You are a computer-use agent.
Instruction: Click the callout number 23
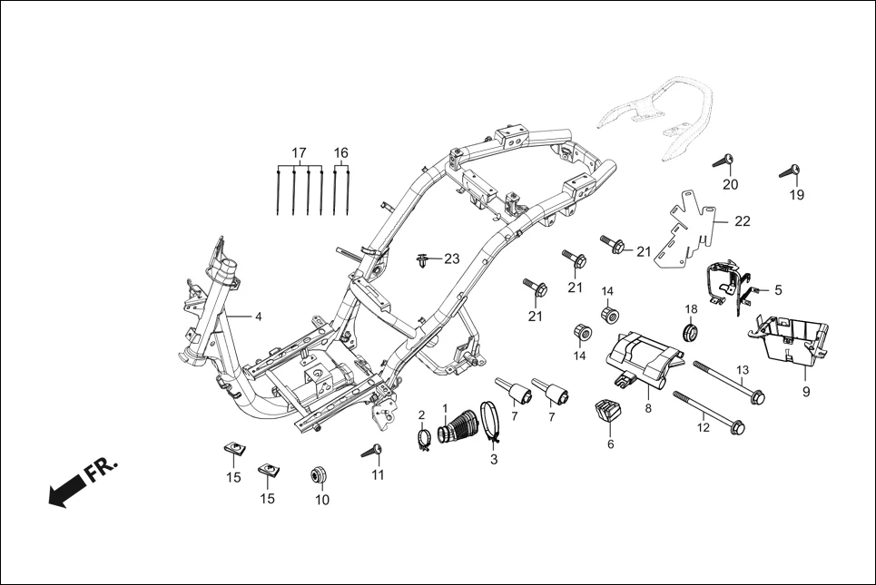click(x=451, y=259)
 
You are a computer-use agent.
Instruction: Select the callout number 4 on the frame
click(x=258, y=317)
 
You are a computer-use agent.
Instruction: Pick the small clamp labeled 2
click(x=423, y=441)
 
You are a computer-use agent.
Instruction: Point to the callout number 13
click(x=743, y=370)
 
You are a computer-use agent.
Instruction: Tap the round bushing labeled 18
click(x=690, y=333)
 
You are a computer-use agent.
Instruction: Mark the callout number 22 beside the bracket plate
click(x=743, y=220)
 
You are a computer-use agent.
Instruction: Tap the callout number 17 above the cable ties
click(x=300, y=152)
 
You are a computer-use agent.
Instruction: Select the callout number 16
click(x=341, y=152)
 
